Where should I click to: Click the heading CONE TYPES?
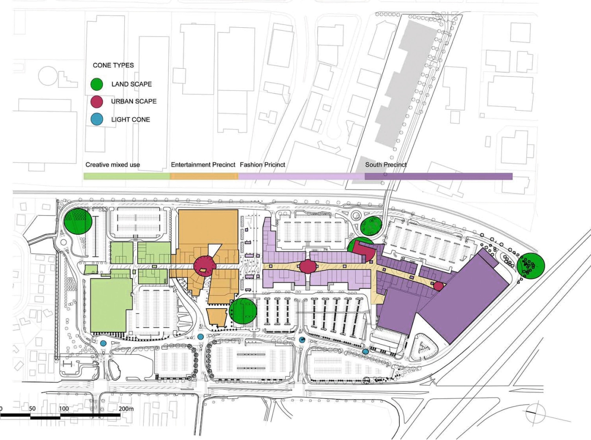click(x=113, y=65)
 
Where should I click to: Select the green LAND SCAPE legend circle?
click(x=96, y=84)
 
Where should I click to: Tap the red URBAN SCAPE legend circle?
click(x=96, y=101)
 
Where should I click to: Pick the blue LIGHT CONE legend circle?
click(x=96, y=119)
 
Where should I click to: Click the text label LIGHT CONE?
click(x=131, y=119)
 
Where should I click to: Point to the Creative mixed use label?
click(x=113, y=165)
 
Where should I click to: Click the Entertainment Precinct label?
click(x=203, y=165)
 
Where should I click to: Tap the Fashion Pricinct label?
click(x=262, y=165)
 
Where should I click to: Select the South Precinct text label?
click(x=386, y=165)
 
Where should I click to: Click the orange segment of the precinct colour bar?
click(x=204, y=176)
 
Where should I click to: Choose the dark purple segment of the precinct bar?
click(x=439, y=176)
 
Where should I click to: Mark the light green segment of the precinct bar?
click(x=127, y=176)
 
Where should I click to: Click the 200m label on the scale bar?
click(x=126, y=409)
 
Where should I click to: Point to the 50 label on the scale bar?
click(x=32, y=409)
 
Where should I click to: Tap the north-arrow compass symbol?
click(x=536, y=412)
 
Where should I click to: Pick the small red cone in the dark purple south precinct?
click(x=438, y=286)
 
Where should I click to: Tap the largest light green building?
click(x=110, y=304)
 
